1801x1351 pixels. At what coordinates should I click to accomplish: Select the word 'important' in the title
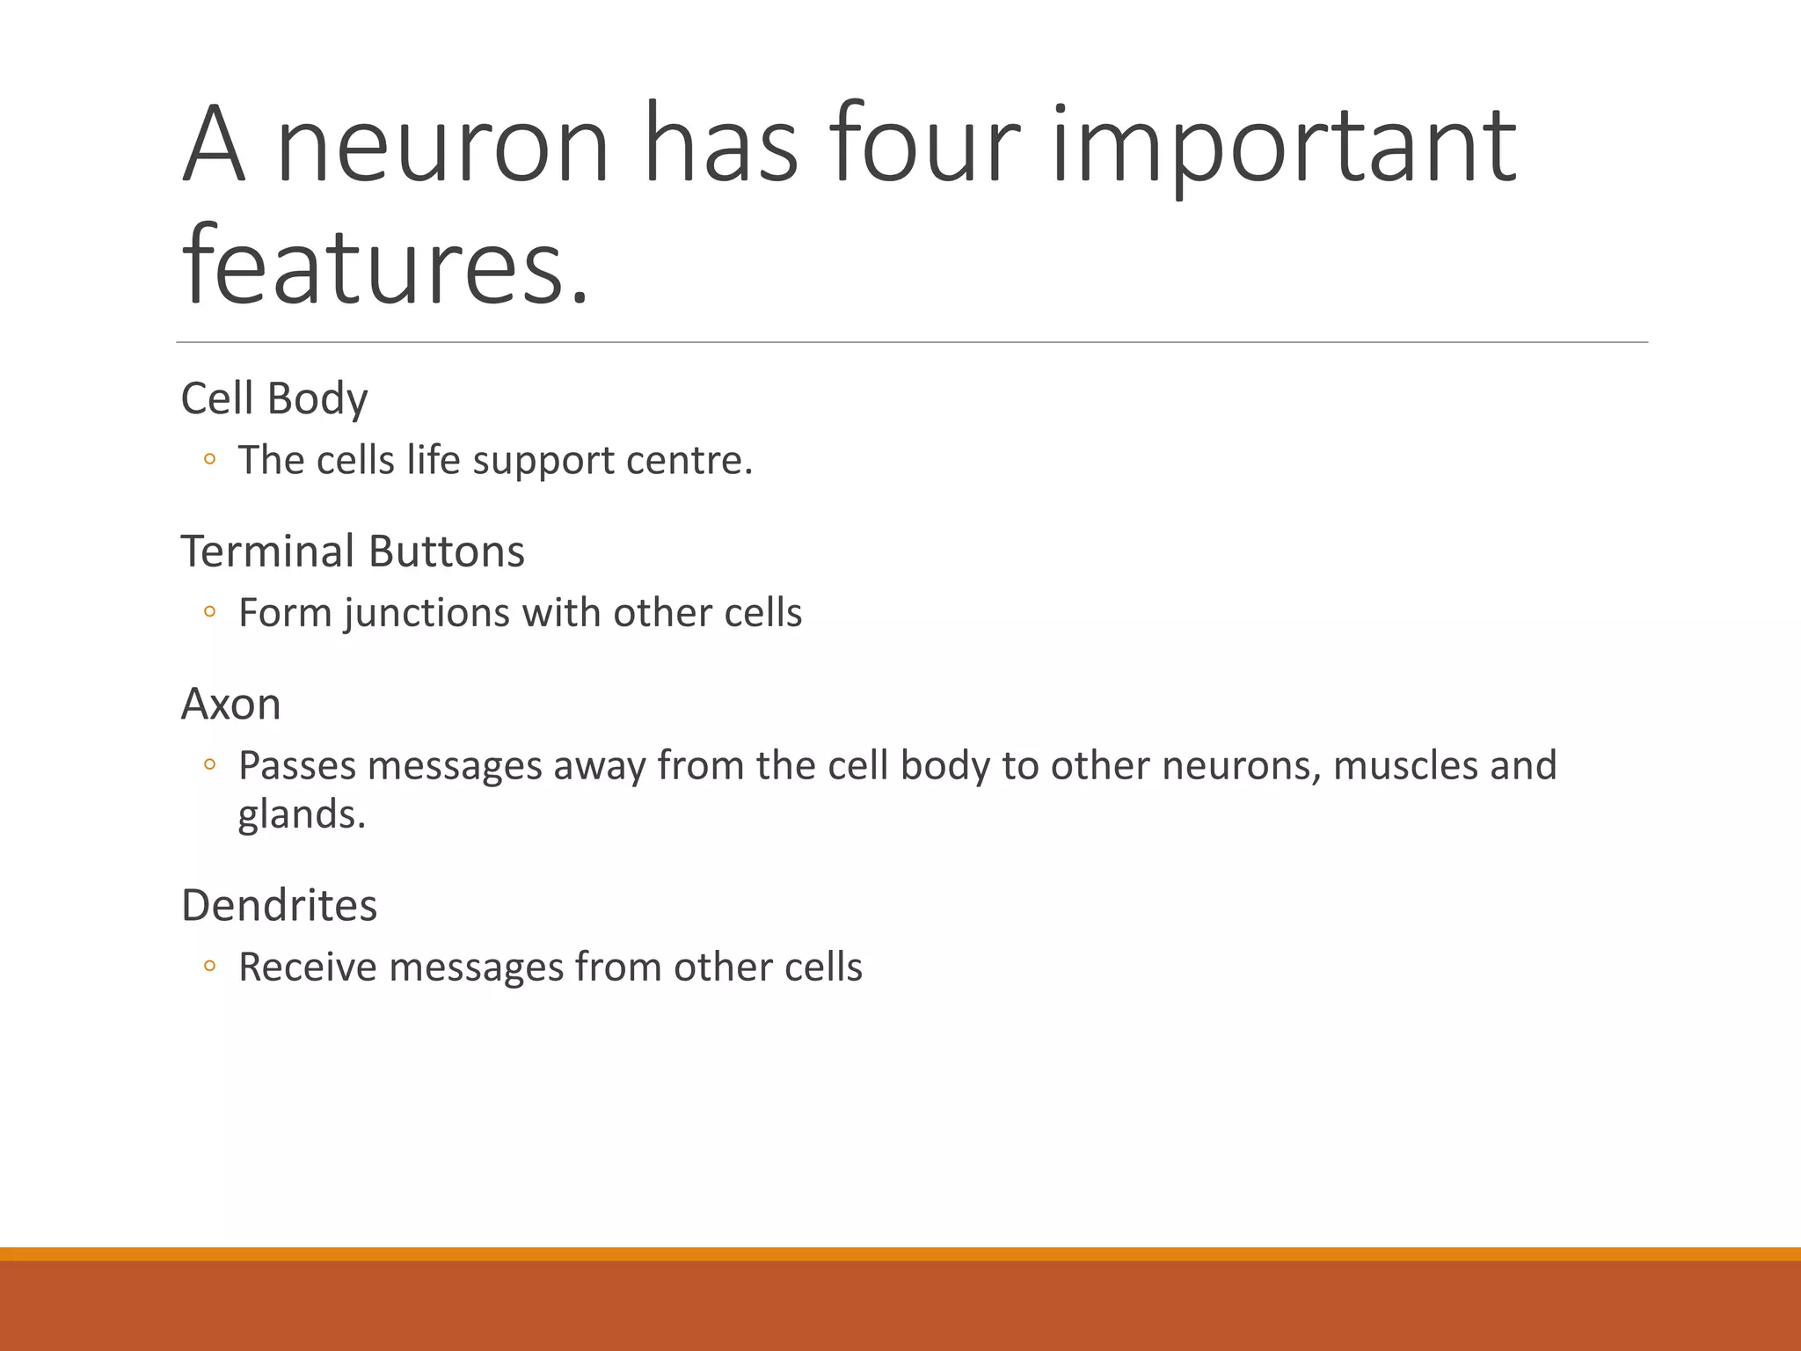point(1284,145)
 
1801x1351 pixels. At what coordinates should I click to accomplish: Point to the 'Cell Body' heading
point(273,398)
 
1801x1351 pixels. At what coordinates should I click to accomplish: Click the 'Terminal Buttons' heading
point(353,551)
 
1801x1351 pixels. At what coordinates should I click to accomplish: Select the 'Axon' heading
point(230,705)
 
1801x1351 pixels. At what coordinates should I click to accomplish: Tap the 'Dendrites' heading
point(279,905)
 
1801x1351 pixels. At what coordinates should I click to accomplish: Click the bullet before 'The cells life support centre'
point(209,459)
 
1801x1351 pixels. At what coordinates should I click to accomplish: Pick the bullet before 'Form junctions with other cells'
point(209,612)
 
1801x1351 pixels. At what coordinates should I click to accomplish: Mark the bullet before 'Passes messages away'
point(209,765)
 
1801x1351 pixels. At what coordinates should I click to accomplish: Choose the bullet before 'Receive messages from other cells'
point(209,966)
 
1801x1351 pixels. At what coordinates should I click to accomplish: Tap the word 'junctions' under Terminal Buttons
point(427,613)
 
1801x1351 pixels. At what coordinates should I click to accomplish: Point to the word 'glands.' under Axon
point(302,814)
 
